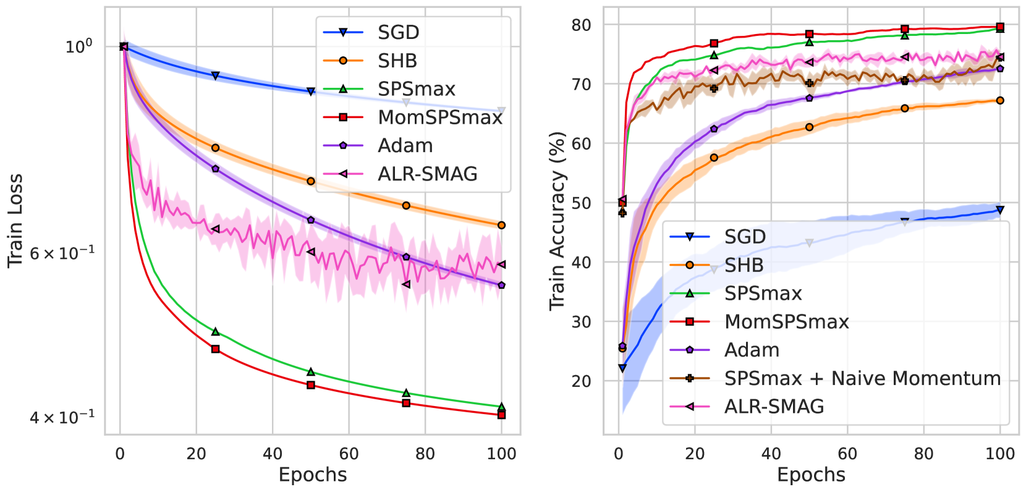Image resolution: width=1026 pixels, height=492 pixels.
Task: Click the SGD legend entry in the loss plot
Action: [x=398, y=32]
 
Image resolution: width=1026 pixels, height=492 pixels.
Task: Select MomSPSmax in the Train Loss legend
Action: [x=440, y=117]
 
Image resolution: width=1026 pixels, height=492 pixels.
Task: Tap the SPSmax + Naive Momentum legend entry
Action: [x=862, y=378]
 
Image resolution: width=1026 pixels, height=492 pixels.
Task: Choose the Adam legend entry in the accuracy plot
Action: [x=752, y=350]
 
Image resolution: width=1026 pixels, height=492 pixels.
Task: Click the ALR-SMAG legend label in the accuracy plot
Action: [x=774, y=407]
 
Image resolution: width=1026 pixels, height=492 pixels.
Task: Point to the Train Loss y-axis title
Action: [x=15, y=221]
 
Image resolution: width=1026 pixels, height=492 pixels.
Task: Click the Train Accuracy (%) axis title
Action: [x=558, y=221]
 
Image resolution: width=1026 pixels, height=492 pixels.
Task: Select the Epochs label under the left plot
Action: [x=313, y=475]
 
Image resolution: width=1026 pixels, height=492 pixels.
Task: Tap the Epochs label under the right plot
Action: [x=811, y=475]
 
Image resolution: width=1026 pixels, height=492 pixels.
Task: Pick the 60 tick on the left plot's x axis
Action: [x=349, y=454]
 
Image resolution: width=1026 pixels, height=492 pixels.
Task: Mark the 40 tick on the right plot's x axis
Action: [x=771, y=454]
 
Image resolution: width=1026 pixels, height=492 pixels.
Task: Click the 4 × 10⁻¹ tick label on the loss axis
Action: [x=62, y=417]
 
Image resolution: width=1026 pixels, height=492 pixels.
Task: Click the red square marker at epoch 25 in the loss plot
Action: [x=216, y=349]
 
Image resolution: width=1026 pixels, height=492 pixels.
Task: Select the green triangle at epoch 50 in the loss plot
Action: [x=311, y=371]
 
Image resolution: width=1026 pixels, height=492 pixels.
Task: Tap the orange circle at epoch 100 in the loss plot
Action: [x=501, y=225]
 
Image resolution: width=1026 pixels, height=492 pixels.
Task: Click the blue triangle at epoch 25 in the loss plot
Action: [x=216, y=75]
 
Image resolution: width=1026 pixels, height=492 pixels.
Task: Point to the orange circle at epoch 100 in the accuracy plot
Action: [x=1000, y=100]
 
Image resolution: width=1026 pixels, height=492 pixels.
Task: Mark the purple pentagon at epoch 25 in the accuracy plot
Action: [x=714, y=129]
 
